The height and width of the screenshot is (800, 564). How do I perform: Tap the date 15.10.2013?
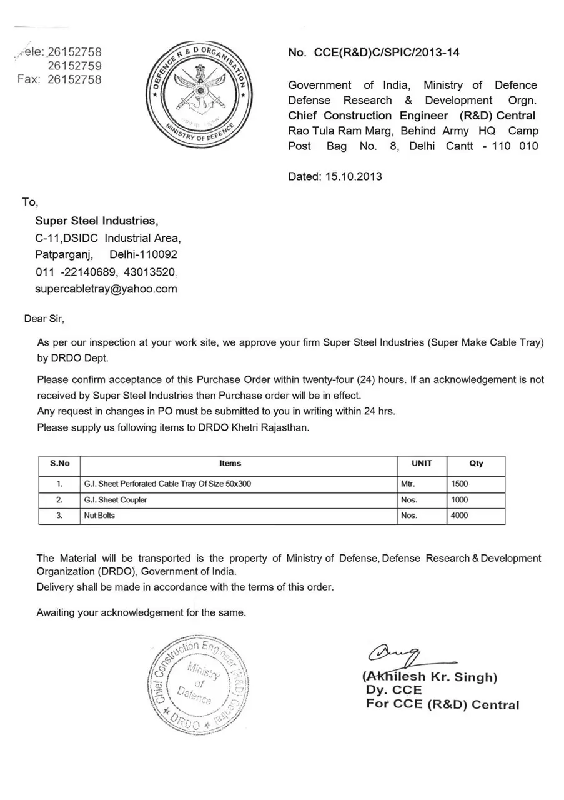(x=354, y=176)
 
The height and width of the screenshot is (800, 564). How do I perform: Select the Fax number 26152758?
(x=74, y=79)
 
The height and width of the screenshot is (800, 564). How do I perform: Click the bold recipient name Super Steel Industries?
(x=97, y=221)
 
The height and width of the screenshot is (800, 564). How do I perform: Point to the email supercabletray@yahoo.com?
(x=106, y=289)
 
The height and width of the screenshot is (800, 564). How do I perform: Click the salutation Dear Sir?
(x=44, y=319)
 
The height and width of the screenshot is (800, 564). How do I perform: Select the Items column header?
(x=230, y=464)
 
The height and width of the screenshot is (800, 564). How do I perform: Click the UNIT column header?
(x=422, y=464)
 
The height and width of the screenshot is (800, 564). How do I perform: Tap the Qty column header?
(x=476, y=464)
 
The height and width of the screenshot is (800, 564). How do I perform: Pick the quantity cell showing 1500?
(x=459, y=484)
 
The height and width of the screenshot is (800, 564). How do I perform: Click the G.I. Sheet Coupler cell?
(x=116, y=500)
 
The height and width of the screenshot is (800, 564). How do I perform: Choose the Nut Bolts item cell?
(x=99, y=516)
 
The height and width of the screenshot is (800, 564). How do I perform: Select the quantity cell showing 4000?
(x=459, y=516)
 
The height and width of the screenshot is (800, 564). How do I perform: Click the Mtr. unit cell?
(x=408, y=484)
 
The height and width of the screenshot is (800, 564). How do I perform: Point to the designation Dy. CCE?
(x=394, y=691)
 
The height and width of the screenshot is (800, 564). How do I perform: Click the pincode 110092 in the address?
(x=159, y=254)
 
